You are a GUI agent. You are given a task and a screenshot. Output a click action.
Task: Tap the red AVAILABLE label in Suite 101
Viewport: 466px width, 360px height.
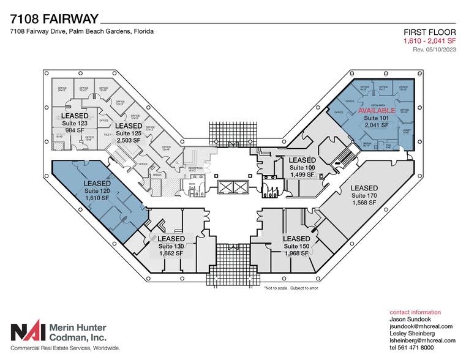[377, 111]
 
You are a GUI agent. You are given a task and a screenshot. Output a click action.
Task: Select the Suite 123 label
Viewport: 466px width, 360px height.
[74, 123]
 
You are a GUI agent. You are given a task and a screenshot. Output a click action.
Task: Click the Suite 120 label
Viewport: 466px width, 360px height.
[97, 191]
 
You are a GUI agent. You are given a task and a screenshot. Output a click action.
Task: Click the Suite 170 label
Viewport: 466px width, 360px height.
[364, 195]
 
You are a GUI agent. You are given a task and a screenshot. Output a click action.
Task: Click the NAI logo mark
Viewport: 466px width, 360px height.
[26, 331]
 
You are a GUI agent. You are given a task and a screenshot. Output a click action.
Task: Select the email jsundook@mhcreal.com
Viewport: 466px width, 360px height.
[421, 327]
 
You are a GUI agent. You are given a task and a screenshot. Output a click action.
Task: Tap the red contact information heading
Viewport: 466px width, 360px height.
[415, 312]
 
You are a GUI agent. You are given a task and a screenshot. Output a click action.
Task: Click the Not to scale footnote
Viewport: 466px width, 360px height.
[291, 287]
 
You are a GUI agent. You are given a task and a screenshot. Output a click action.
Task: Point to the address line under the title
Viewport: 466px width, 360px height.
[81, 31]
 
